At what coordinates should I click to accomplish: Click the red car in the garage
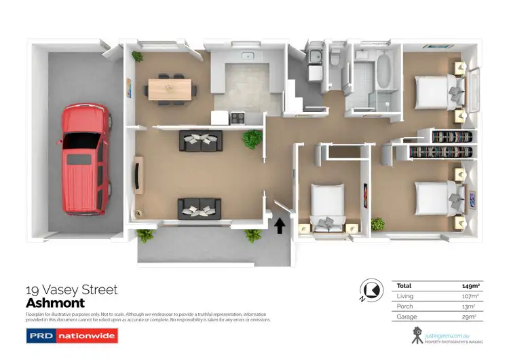85,159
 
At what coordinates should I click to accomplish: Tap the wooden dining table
170,88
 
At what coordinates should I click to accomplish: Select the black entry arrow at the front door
279,224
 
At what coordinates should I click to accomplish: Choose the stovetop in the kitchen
238,118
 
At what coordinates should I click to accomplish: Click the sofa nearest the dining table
200,141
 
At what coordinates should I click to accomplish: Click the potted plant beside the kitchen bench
252,139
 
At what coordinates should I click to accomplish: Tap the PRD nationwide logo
71,336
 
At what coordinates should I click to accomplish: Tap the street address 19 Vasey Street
71,290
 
